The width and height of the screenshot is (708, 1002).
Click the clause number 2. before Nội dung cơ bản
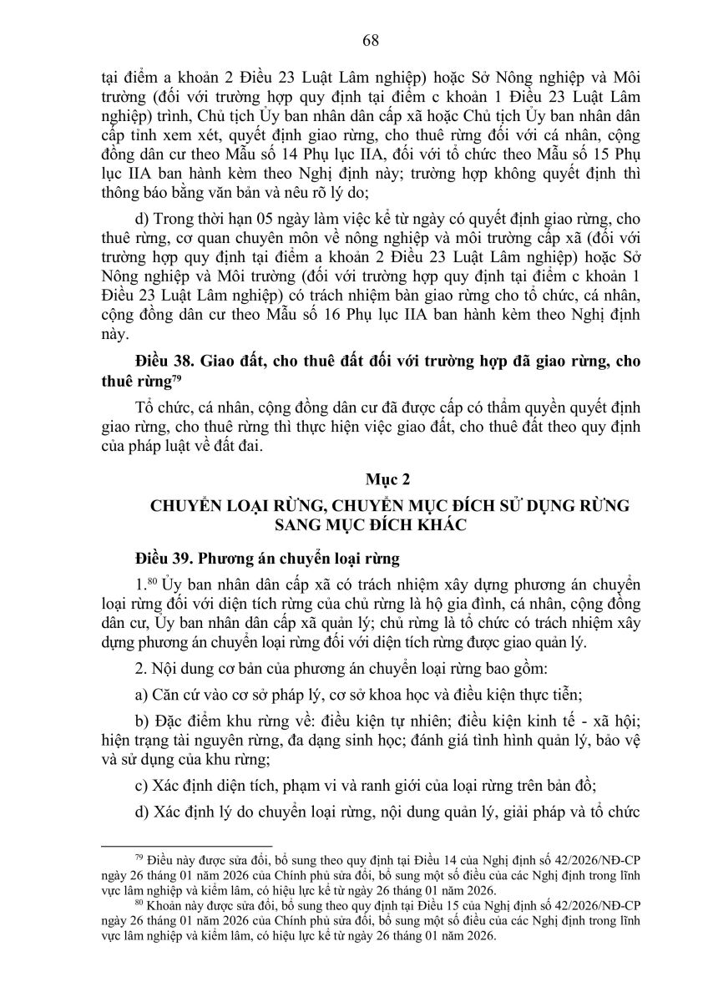click(139, 668)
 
